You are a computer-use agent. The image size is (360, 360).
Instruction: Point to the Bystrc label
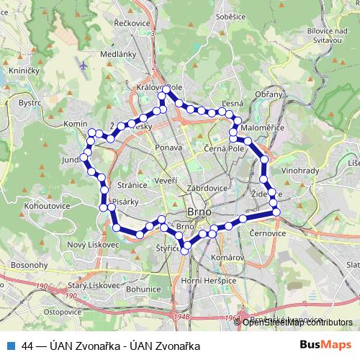[30, 103]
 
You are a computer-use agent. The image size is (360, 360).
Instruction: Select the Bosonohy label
[29, 266]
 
